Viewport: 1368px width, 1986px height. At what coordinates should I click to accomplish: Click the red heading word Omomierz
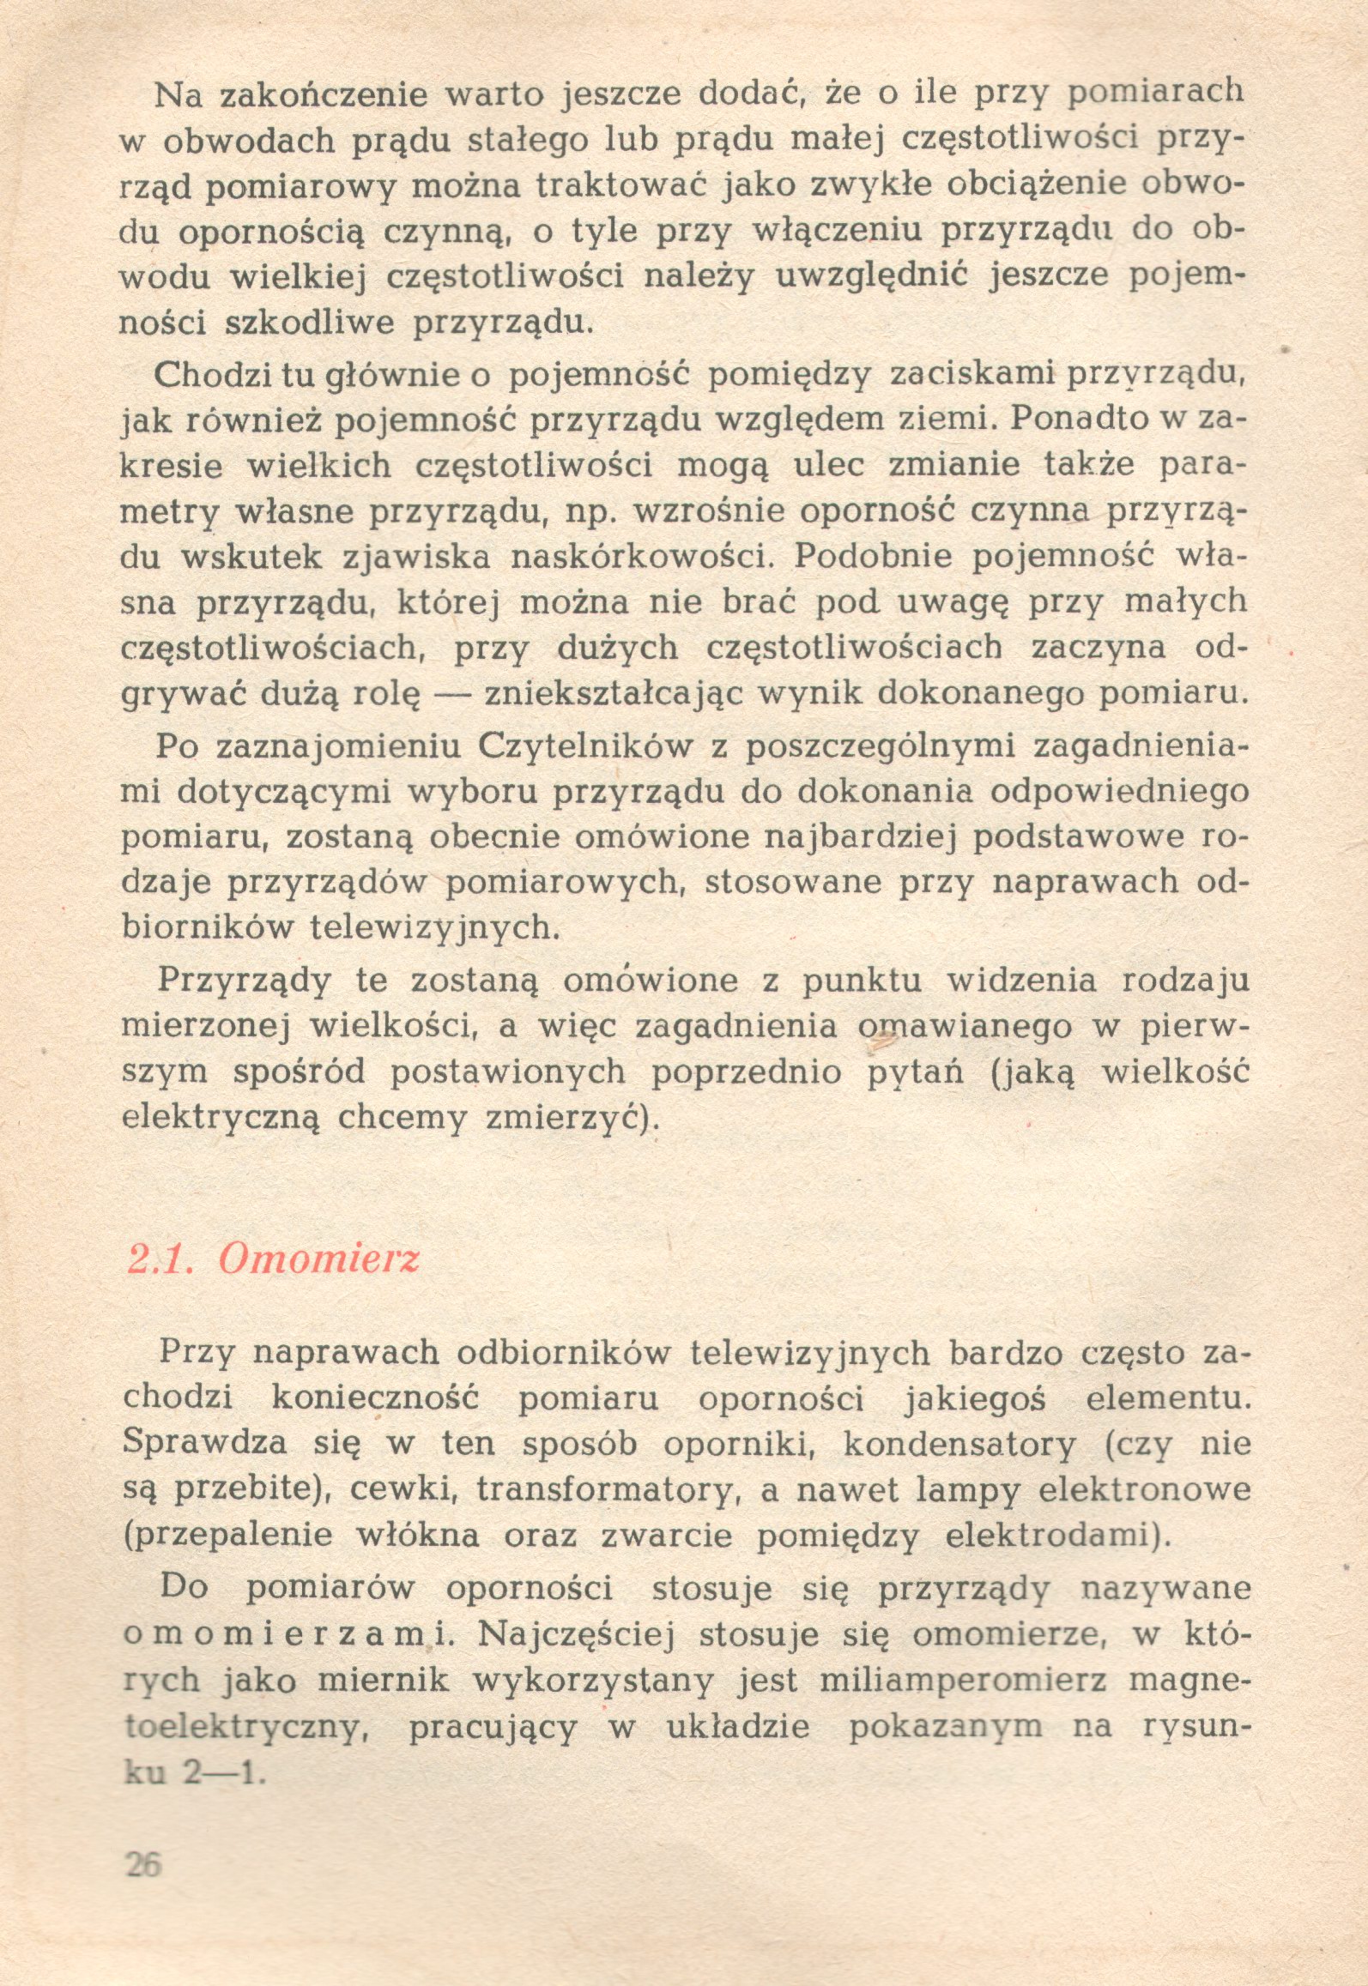pyautogui.click(x=318, y=1259)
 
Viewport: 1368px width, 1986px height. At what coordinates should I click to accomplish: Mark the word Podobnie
pyautogui.click(x=863, y=557)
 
